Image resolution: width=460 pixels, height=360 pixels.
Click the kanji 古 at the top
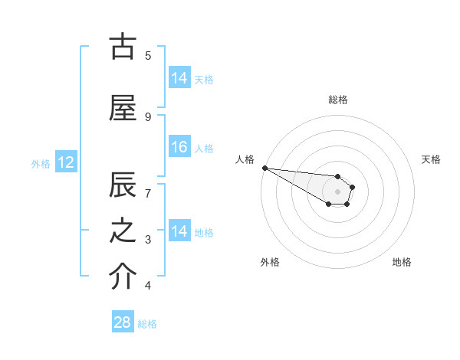click(x=123, y=47)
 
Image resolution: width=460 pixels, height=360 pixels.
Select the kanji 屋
click(x=123, y=109)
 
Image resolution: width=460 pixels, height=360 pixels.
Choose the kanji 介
click(x=123, y=278)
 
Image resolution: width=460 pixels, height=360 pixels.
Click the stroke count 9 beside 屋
click(x=148, y=116)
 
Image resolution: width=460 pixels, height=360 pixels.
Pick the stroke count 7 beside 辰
click(x=148, y=194)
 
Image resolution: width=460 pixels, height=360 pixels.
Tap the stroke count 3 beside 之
click(x=148, y=240)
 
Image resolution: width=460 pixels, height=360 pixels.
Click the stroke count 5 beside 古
click(x=148, y=55)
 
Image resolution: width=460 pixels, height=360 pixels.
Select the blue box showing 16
click(x=179, y=148)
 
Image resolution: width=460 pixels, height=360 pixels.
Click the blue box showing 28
click(x=123, y=322)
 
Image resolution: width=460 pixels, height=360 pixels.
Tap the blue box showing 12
click(x=65, y=162)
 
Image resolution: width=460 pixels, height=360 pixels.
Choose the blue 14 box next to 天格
click(x=179, y=78)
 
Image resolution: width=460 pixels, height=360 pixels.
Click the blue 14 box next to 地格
click(x=179, y=232)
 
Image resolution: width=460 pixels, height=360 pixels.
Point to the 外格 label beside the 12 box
click(x=41, y=163)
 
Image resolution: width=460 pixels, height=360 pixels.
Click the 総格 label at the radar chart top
click(x=338, y=100)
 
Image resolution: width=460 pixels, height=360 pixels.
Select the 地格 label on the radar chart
click(x=402, y=262)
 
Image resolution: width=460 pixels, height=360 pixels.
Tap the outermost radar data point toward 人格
click(x=264, y=168)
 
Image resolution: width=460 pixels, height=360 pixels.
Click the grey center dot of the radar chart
click(x=338, y=191)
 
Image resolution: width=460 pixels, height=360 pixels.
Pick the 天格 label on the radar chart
click(x=432, y=159)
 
